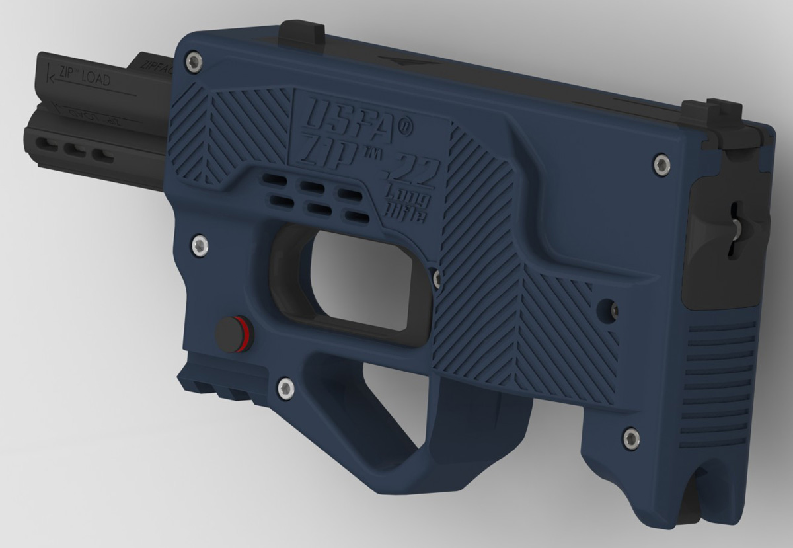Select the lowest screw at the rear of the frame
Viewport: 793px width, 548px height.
[x=631, y=435]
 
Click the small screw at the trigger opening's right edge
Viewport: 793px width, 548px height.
[x=436, y=278]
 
